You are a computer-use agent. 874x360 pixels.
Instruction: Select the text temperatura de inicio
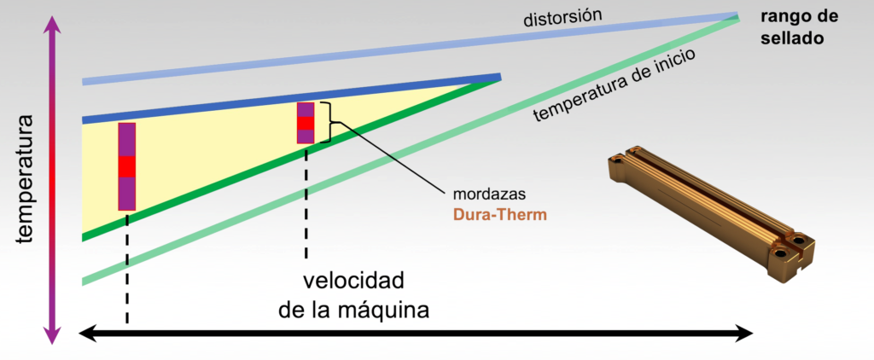613,86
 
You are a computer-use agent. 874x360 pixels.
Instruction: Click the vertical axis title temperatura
25,179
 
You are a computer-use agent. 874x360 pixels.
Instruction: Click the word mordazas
490,195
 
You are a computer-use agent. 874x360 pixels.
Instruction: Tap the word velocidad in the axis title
353,281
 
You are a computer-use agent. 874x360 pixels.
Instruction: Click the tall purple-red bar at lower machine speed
127,166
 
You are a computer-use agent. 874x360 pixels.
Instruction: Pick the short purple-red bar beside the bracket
306,123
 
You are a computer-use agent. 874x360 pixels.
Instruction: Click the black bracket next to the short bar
333,122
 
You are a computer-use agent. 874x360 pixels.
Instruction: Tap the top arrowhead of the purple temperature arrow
52,25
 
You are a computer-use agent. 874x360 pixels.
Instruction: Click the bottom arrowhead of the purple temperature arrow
52,334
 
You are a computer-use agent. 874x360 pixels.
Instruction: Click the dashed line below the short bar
306,201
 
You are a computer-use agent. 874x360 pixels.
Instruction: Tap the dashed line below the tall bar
127,268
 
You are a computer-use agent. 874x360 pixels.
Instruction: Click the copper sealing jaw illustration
711,214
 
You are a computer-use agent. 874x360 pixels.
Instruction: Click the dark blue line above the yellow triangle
291,97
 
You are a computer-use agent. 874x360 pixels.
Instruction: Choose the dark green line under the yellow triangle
291,160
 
